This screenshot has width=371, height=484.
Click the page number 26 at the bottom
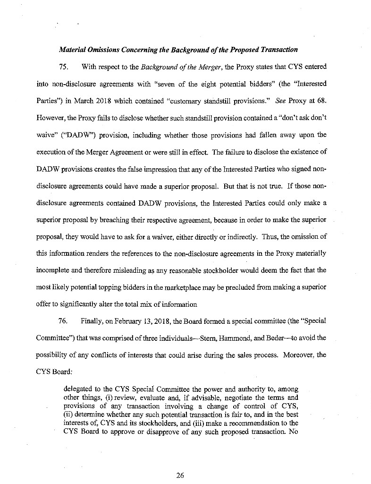(179, 475)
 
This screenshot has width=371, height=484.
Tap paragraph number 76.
(64, 320)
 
